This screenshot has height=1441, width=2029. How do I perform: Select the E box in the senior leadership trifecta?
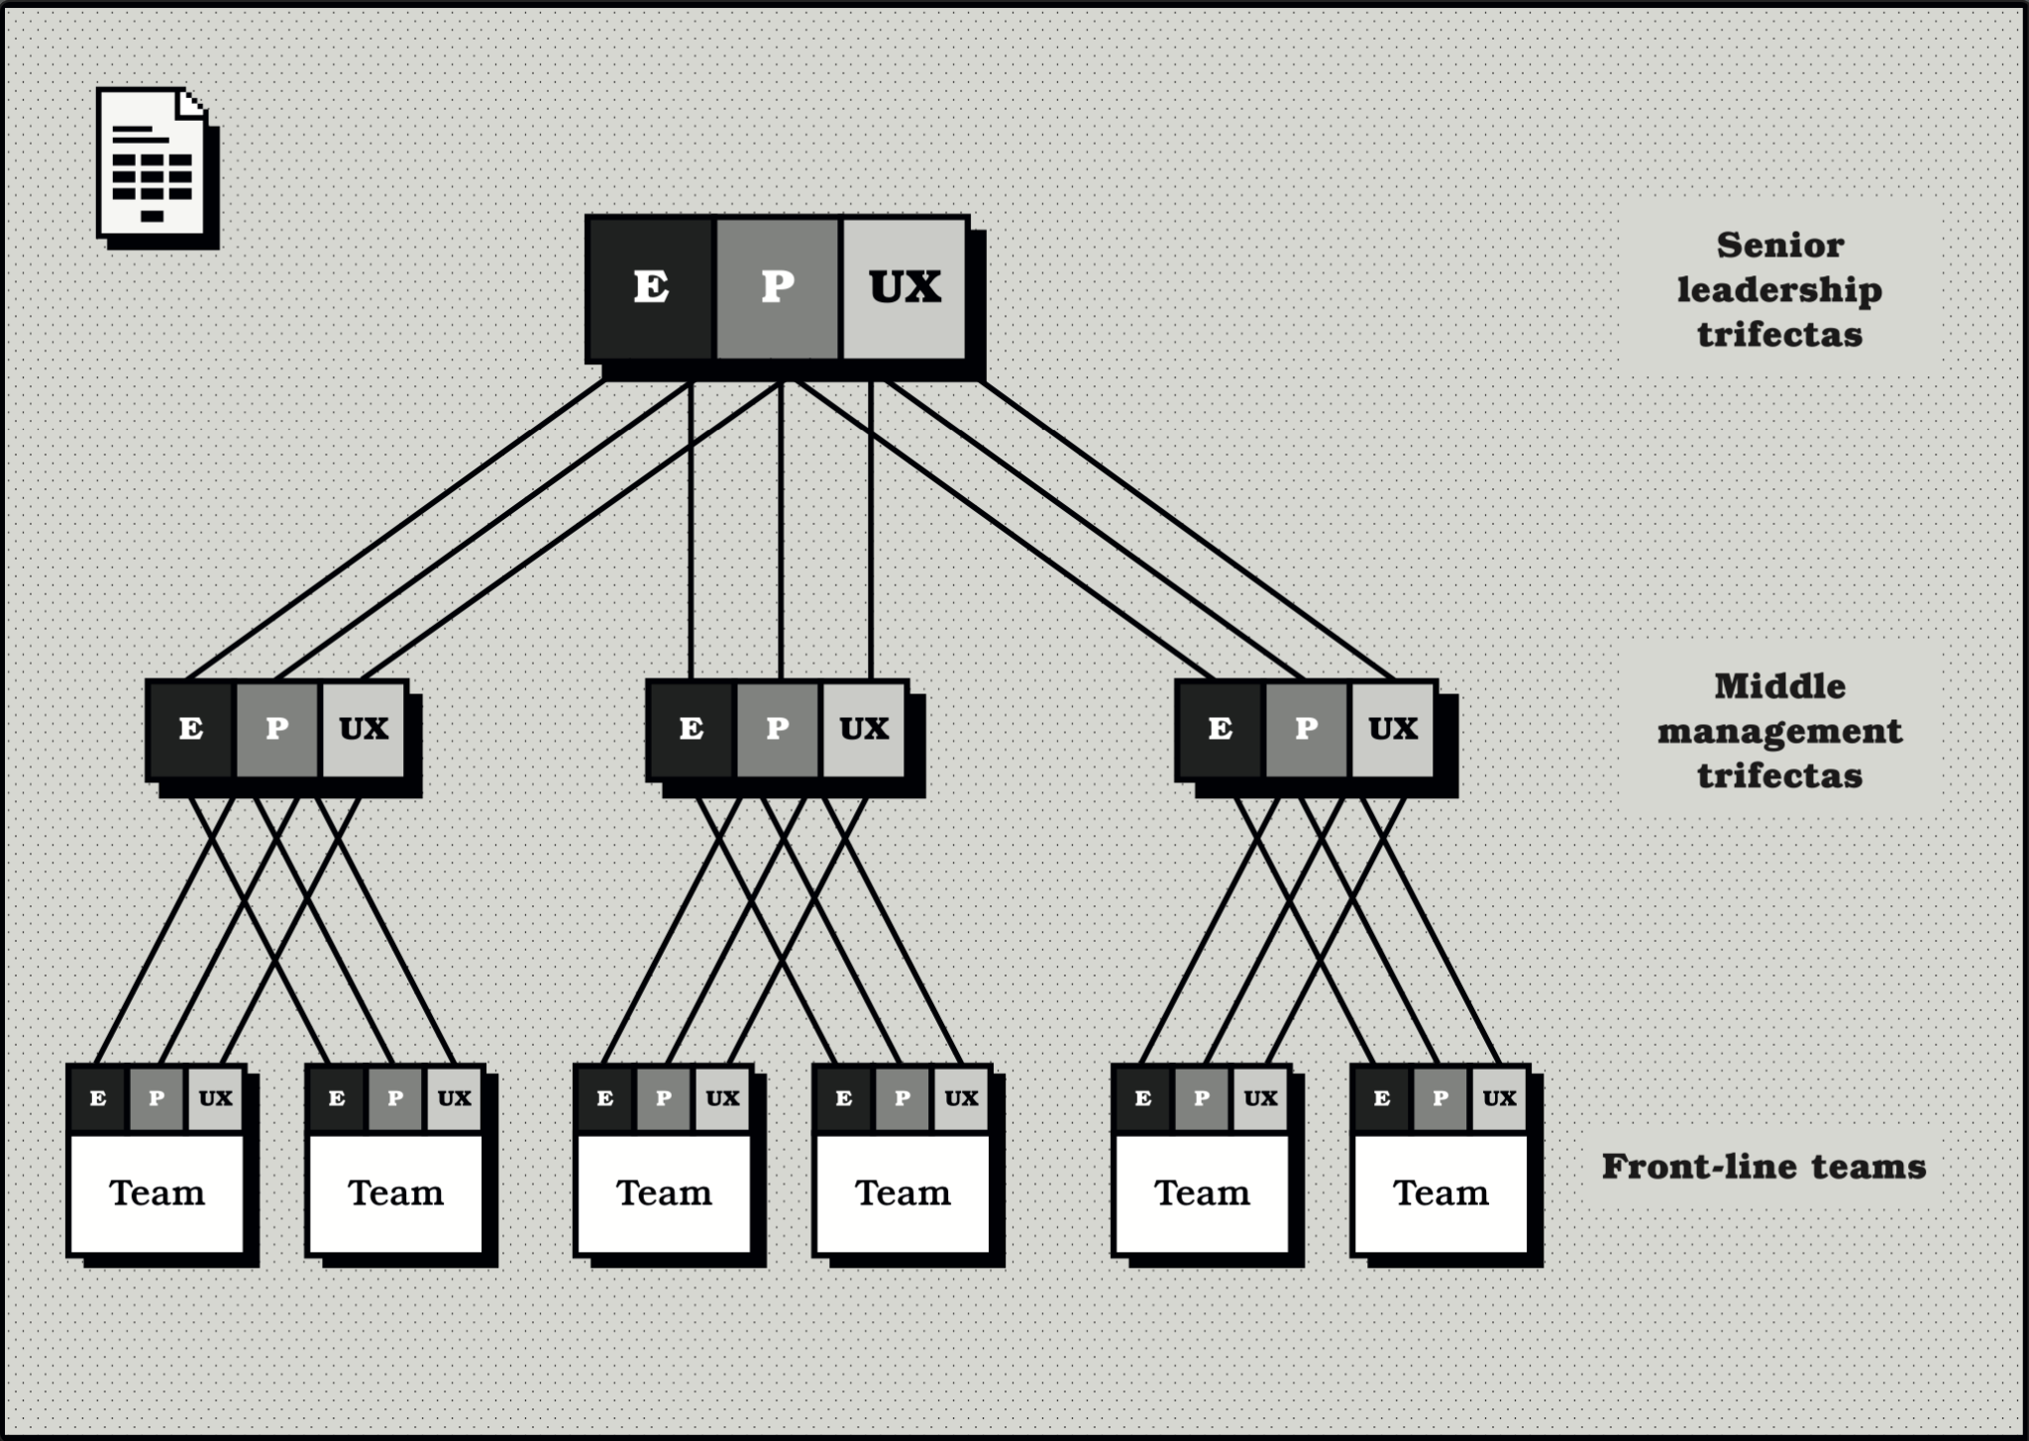click(650, 287)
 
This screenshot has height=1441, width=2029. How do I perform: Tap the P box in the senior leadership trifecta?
click(777, 287)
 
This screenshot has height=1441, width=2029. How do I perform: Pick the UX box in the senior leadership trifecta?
click(904, 287)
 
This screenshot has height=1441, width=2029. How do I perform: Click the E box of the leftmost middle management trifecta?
click(191, 730)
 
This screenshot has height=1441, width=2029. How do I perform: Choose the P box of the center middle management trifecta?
click(778, 730)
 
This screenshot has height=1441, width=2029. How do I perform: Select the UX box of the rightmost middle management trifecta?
click(1393, 730)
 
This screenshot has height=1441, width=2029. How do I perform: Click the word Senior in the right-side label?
click(1779, 245)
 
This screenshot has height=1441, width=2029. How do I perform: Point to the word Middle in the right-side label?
click(1779, 686)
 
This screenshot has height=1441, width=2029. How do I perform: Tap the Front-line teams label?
click(1763, 1167)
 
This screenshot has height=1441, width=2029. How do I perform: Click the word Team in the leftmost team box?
click(157, 1193)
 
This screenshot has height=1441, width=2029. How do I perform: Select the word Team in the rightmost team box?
click(1441, 1193)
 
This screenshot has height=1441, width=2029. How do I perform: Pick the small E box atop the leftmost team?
click(98, 1098)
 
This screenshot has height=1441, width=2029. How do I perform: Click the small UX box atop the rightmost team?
click(1499, 1098)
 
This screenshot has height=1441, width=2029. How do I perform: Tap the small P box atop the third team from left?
click(664, 1098)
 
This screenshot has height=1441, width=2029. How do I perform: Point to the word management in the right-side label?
click(1779, 731)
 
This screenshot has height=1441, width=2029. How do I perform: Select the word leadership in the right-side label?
click(1779, 289)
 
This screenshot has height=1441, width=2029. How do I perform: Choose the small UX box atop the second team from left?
click(454, 1098)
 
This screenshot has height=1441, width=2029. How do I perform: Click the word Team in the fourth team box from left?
click(903, 1193)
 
